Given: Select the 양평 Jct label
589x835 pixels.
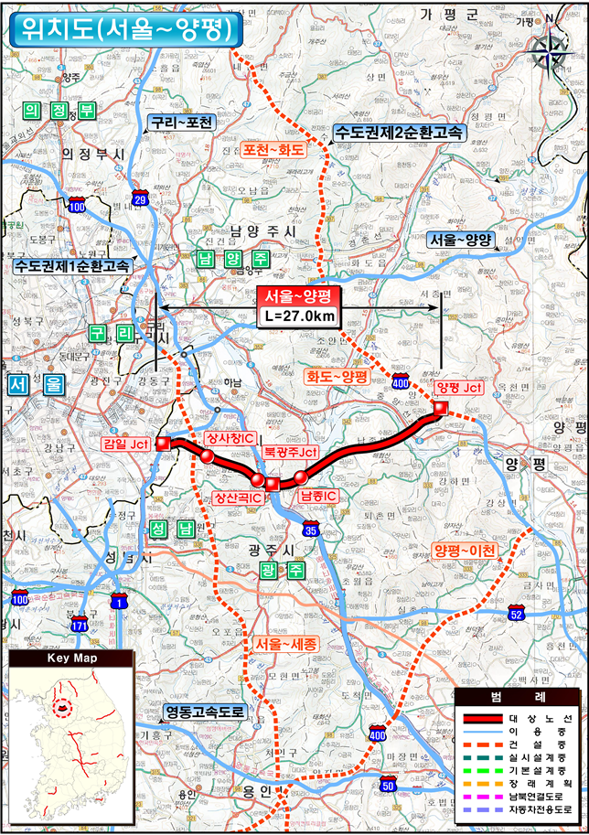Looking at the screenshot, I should (x=459, y=388).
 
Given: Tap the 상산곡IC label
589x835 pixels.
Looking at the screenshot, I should (x=239, y=498).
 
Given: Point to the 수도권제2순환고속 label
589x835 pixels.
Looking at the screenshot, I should (x=399, y=132).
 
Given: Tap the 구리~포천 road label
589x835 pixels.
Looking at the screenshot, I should (x=181, y=122).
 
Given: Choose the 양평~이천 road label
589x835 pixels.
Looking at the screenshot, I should (x=465, y=551).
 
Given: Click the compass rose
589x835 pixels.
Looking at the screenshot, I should (x=550, y=46).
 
